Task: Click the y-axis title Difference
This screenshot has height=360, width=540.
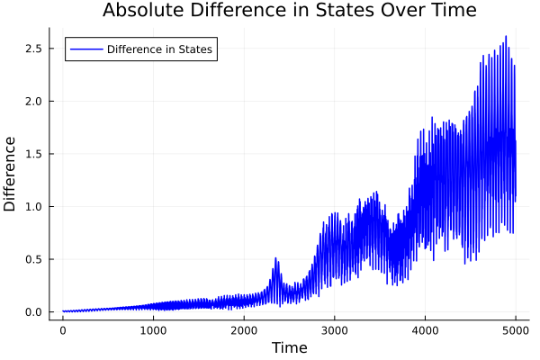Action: (x=11, y=174)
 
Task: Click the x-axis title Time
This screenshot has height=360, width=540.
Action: (x=289, y=347)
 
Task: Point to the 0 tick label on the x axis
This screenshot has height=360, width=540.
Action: (x=63, y=330)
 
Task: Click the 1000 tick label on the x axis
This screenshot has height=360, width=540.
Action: (x=153, y=330)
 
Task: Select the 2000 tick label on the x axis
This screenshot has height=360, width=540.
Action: (x=244, y=330)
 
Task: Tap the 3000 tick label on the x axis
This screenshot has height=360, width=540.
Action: (x=335, y=330)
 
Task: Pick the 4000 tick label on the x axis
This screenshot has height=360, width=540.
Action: (x=426, y=330)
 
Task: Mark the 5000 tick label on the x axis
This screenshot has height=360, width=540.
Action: (x=516, y=330)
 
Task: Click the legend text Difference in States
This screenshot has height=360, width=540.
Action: (x=159, y=49)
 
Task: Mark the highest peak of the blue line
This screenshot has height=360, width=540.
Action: (x=506, y=37)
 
